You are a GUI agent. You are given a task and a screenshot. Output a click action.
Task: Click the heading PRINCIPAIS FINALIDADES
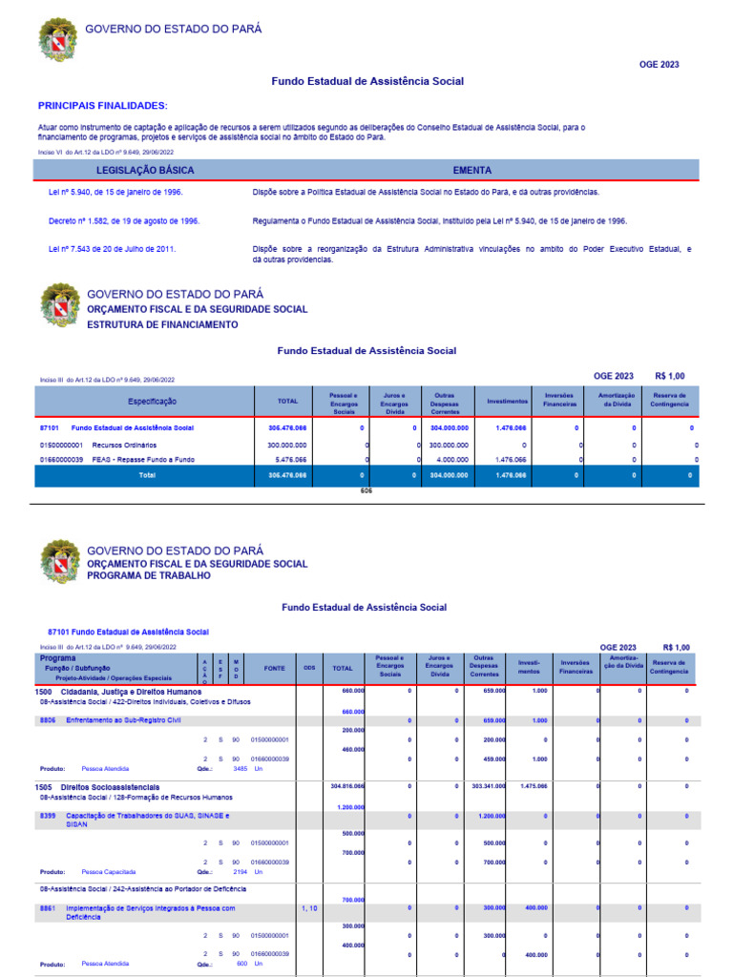(x=102, y=105)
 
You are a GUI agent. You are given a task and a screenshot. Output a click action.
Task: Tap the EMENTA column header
(x=472, y=170)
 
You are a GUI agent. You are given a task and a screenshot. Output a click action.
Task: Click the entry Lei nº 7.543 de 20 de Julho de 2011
(x=112, y=249)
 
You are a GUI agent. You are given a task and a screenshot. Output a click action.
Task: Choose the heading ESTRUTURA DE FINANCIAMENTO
(x=162, y=324)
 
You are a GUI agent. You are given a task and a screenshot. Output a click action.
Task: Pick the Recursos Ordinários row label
(x=124, y=445)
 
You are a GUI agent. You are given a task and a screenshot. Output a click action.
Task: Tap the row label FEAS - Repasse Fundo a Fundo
(x=142, y=460)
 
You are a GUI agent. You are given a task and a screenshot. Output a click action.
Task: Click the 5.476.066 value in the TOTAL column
(x=287, y=460)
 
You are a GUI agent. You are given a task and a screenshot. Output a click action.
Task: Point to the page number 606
(x=366, y=490)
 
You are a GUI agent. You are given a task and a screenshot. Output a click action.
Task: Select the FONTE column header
(x=274, y=669)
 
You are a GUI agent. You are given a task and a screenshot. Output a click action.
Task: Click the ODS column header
(x=309, y=669)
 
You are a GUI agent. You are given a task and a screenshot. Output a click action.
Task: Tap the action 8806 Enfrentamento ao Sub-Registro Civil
(x=123, y=720)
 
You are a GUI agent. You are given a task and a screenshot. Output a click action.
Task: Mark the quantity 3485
(x=240, y=768)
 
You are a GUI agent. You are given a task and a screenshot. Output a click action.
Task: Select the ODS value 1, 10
(x=309, y=908)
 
